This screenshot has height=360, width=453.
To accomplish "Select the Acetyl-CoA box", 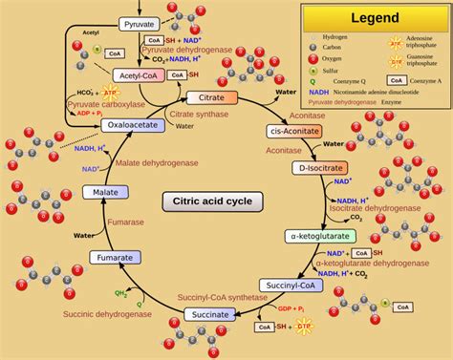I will tap(140, 74).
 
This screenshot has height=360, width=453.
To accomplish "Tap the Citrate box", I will tap(205, 97).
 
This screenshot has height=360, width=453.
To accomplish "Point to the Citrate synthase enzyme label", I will tap(203, 115).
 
